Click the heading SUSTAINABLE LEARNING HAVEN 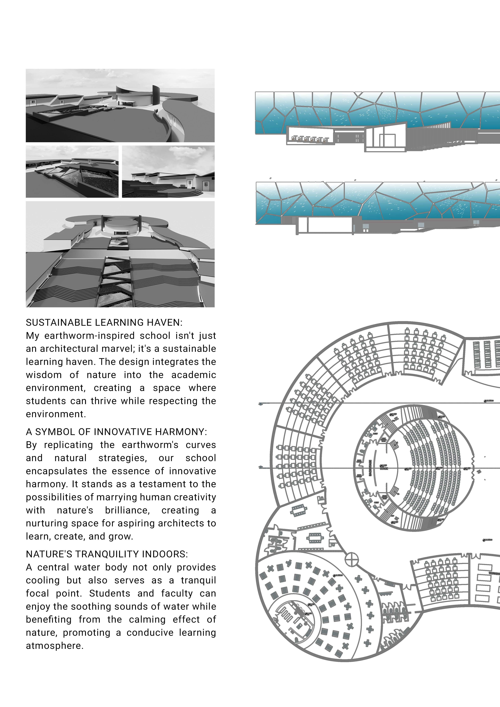pyautogui.click(x=104, y=322)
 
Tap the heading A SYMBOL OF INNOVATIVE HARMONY pyautogui.click(x=116, y=432)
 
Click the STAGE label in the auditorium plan pyautogui.click(x=384, y=468)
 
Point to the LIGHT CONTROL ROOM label pyautogui.click(x=384, y=440)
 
